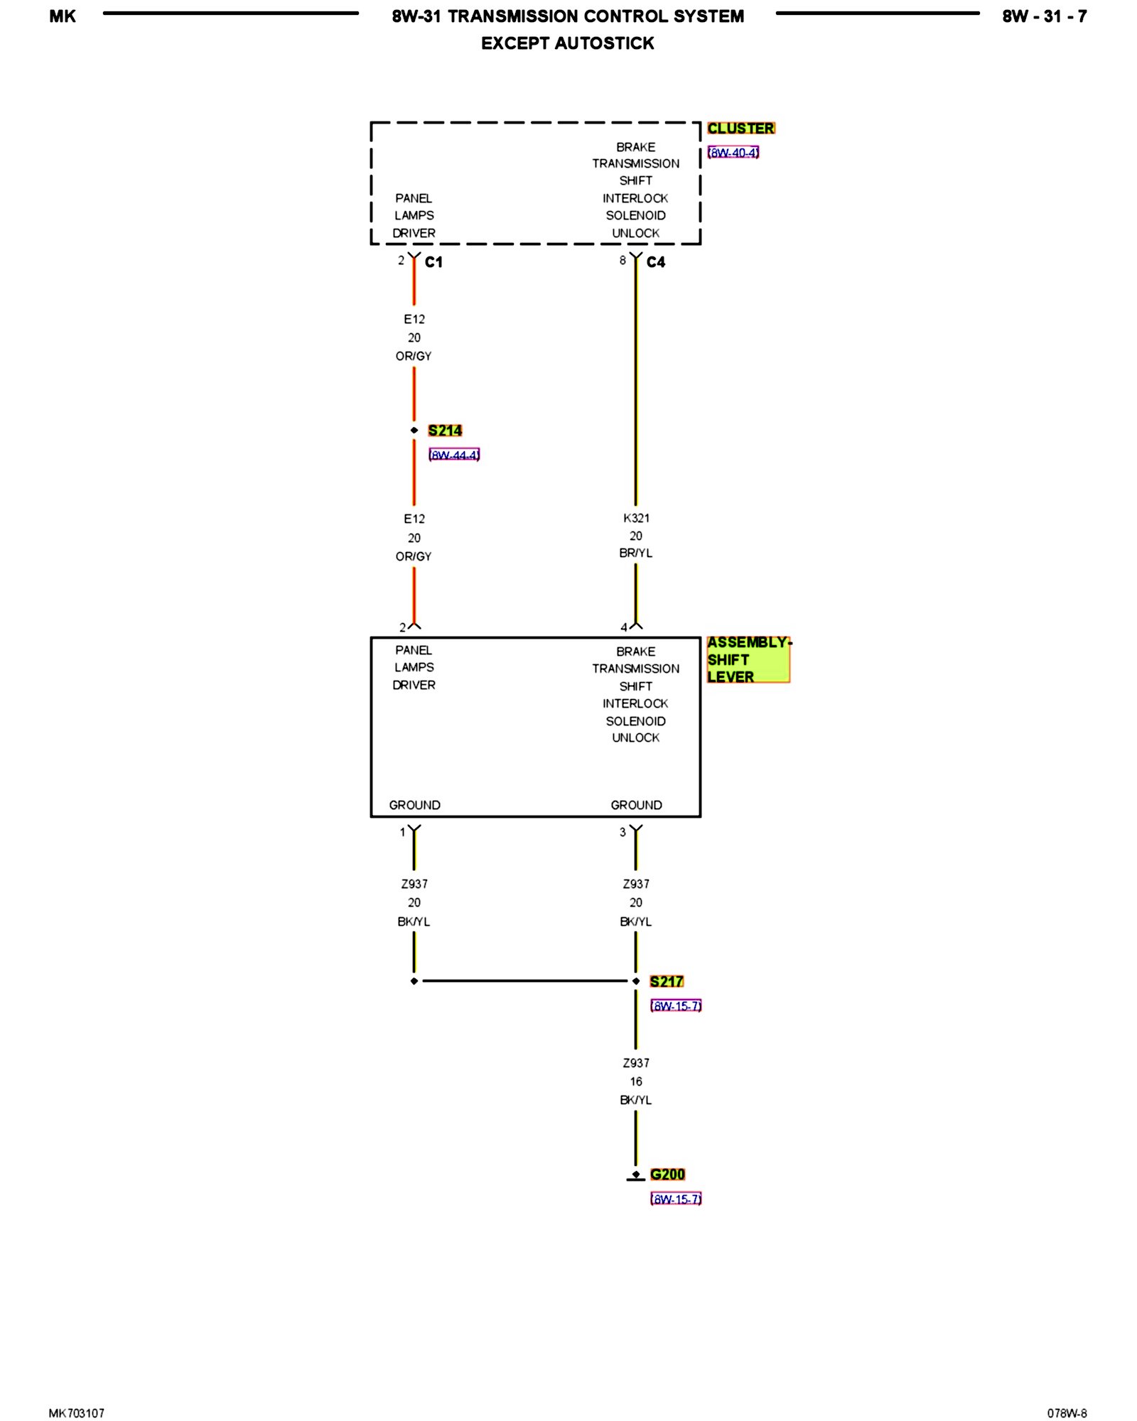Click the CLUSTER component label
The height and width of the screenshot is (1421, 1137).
740,129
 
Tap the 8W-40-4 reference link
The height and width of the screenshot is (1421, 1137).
733,153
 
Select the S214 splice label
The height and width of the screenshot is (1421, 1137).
445,431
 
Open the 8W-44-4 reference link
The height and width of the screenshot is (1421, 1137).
454,455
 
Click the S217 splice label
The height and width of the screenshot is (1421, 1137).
667,981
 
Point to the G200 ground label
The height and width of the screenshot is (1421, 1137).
667,1174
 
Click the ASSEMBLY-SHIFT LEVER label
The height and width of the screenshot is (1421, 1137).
748,659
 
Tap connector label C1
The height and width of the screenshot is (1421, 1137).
433,262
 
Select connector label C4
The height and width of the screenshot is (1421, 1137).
655,262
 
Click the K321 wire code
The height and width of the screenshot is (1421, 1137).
636,518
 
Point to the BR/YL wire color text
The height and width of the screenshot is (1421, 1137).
635,553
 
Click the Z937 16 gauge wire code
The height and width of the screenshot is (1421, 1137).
636,1063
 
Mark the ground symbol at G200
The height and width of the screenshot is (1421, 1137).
635,1176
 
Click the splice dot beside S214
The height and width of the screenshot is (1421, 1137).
414,431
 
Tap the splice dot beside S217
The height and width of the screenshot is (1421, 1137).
636,981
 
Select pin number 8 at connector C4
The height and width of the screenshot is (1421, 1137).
623,261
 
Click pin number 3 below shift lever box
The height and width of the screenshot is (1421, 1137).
623,832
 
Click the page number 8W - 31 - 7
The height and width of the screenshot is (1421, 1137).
1044,16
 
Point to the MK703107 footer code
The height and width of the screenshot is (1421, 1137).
77,1413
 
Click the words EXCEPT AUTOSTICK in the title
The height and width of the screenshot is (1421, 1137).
567,43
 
